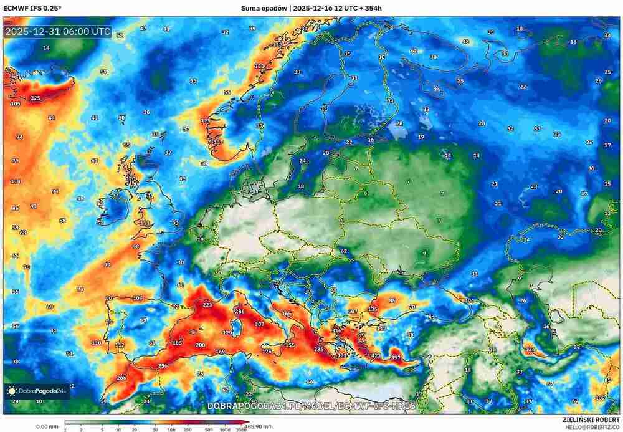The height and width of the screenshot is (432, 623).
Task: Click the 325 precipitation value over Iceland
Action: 36,98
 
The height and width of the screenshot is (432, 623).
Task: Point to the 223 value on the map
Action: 207,305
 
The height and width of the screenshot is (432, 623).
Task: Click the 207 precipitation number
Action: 260,324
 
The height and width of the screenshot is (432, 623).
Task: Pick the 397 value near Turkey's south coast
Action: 396,357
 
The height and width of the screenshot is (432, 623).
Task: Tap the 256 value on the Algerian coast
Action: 163,366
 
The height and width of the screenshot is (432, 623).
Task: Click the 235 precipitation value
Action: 319,350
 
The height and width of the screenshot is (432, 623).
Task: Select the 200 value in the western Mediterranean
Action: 200,345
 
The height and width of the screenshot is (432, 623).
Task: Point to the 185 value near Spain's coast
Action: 177,343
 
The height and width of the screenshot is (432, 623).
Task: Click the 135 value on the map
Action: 373,309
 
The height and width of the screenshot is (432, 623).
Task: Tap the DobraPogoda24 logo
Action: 36,391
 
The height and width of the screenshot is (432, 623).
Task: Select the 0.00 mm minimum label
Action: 47,426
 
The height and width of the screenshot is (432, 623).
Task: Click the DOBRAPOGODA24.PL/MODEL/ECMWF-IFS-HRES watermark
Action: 311,406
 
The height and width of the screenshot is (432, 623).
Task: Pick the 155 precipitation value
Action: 290,345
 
